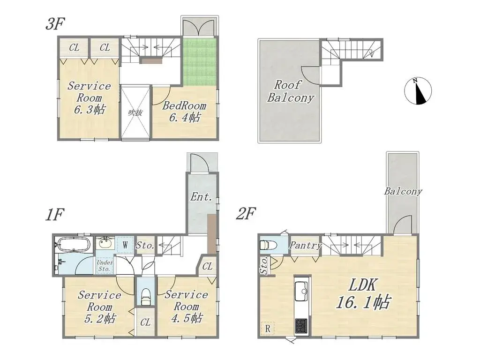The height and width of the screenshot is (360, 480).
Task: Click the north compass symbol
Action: [416, 91]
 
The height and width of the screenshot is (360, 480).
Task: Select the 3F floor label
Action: [55, 24]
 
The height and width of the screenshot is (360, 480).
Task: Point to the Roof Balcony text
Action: [290, 91]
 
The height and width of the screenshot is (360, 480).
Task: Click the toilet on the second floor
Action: [266, 245]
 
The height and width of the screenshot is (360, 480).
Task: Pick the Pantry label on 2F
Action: [305, 246]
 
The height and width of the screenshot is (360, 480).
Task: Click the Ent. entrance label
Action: [202, 197]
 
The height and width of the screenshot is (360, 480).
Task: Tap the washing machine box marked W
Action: [125, 245]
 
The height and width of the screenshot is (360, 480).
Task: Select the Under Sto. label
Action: [105, 266]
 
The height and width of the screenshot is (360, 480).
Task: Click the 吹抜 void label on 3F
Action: [135, 112]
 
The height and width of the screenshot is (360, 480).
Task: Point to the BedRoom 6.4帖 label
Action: [184, 112]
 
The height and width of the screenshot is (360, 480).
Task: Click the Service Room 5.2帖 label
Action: [99, 307]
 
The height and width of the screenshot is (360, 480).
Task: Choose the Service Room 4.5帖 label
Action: [186, 306]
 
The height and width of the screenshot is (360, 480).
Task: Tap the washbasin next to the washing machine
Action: [105, 244]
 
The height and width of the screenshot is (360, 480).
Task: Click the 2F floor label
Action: [245, 215]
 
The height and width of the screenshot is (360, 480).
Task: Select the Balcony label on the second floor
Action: [403, 191]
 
